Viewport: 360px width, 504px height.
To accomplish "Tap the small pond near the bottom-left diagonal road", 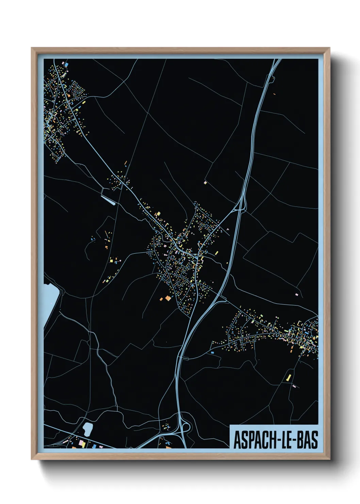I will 87,429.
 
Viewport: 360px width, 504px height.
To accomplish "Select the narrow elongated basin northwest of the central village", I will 108,200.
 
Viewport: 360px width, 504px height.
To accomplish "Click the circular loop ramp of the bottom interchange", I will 186,426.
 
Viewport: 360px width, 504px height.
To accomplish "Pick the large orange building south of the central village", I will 167,298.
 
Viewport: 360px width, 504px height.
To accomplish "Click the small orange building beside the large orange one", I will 161,299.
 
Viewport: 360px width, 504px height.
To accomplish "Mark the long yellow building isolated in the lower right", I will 289,377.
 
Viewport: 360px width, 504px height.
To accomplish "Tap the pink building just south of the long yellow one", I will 294,386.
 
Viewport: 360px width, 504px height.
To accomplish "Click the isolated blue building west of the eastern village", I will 212,352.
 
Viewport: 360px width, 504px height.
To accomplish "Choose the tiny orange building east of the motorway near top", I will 274,94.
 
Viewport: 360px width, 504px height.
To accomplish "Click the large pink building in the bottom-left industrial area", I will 82,443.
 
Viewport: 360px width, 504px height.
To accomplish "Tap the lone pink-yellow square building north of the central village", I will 205,183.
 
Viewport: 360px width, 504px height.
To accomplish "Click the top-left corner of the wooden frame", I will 32,48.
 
